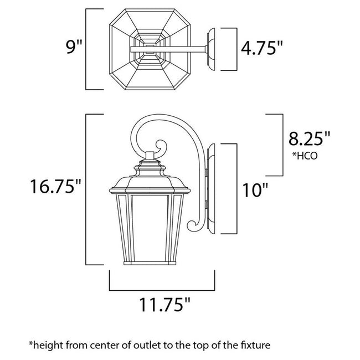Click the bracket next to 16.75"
(86, 188)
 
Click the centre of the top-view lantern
(150, 49)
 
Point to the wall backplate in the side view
(211, 188)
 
